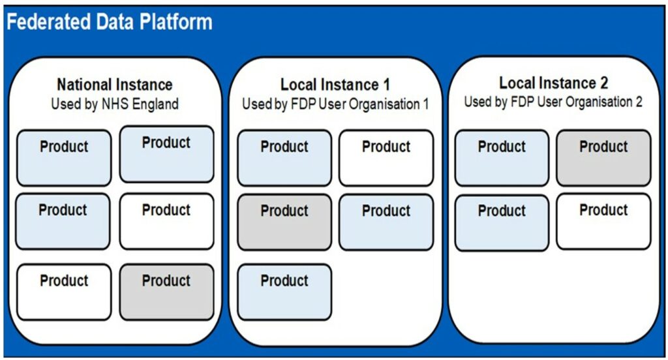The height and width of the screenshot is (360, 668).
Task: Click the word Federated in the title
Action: pos(48,22)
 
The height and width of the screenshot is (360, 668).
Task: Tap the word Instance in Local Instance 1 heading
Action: pos(348,84)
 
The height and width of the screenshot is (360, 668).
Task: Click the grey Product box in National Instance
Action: pos(166,292)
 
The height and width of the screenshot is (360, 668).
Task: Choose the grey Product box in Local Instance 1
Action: pos(284,222)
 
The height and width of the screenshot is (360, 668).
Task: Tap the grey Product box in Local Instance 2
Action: pos(603,158)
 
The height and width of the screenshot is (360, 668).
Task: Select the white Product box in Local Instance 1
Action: pos(386,158)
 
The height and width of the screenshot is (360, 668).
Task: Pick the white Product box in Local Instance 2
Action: pos(603,222)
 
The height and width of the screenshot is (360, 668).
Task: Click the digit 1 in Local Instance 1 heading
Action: pos(386,84)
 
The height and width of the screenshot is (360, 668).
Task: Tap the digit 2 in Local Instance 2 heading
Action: pos(603,83)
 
